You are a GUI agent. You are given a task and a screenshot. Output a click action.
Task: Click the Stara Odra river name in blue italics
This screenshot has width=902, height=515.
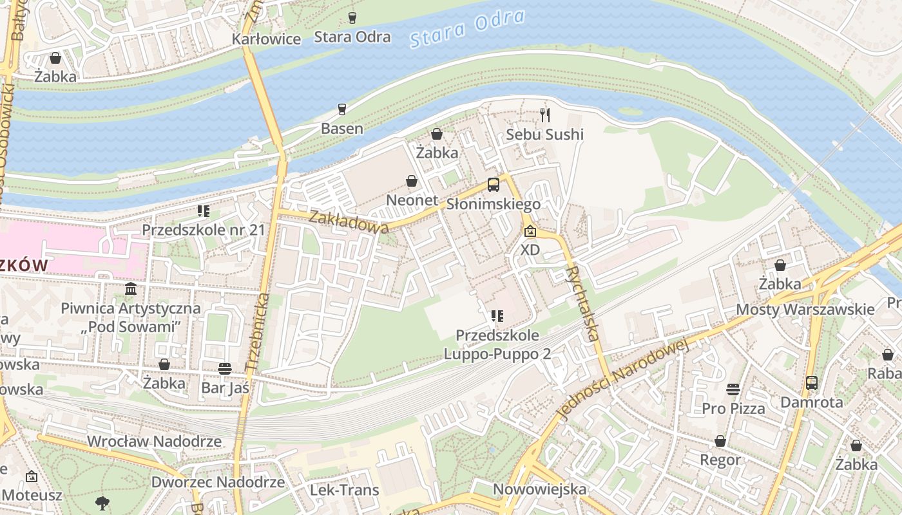point(467,29)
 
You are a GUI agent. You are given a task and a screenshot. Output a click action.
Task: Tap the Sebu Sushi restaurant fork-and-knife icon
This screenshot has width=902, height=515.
point(545,115)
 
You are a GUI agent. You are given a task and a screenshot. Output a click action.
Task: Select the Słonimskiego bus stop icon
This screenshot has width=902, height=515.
point(494,185)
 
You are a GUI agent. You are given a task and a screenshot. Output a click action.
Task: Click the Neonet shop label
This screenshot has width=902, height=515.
point(412,200)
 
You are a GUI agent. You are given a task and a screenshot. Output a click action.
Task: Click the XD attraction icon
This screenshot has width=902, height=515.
point(530,231)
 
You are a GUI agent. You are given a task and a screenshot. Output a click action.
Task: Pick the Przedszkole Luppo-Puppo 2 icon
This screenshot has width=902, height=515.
point(497,316)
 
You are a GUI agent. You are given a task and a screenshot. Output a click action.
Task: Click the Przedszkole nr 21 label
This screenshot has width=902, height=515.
point(204,230)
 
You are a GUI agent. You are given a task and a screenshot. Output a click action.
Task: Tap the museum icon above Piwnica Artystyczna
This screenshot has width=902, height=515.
point(131,288)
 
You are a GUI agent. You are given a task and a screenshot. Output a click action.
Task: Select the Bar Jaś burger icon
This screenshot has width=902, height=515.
point(225,369)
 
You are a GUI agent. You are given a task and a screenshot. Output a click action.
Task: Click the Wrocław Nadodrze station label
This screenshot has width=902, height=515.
point(154,442)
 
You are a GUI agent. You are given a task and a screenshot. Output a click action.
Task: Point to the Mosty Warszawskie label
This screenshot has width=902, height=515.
point(805,310)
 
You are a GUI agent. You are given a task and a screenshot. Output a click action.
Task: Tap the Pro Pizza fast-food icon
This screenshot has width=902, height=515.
point(733,389)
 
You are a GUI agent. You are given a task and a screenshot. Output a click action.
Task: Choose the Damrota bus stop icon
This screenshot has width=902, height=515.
point(812,383)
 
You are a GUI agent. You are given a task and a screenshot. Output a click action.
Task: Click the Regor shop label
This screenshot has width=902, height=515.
point(720,460)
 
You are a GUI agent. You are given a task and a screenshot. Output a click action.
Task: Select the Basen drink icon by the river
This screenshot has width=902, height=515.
point(342,109)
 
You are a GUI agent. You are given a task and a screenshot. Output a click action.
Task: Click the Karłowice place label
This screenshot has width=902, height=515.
point(266,39)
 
